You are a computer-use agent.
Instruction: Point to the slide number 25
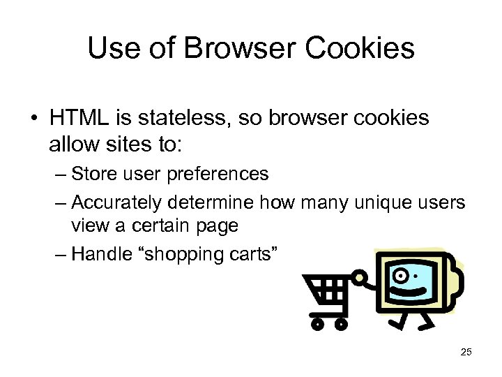coord(466,352)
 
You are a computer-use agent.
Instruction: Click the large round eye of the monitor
coord(402,272)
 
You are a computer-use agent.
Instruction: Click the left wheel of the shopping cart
coord(317,323)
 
